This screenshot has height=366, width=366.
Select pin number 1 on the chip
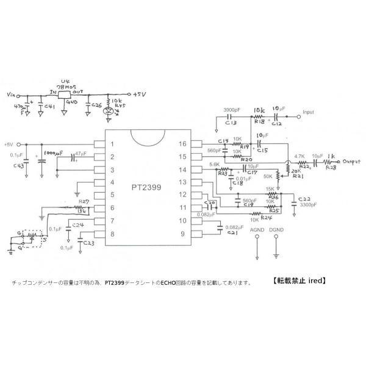(112, 144)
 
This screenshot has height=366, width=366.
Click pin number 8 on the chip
(112, 234)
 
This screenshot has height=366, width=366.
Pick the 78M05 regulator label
(65, 88)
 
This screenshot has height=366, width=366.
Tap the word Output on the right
(352, 162)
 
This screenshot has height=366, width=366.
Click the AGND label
(259, 230)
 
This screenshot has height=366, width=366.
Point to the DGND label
(276, 230)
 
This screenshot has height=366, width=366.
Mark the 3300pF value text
(307, 206)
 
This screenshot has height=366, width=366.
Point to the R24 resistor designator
(266, 217)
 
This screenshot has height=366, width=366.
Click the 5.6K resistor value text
(214, 164)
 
